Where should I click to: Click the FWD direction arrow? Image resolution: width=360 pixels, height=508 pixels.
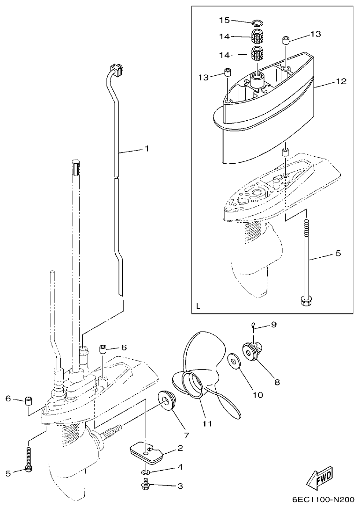coord(320,477)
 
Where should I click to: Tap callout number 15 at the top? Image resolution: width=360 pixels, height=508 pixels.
coord(224,20)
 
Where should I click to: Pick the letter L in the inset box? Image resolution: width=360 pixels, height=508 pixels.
coord(198,307)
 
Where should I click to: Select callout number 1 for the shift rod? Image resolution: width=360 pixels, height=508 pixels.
coord(146,149)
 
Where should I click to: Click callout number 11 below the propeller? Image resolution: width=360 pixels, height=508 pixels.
coord(207,423)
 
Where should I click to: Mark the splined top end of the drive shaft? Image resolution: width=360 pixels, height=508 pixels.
coord(76,167)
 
